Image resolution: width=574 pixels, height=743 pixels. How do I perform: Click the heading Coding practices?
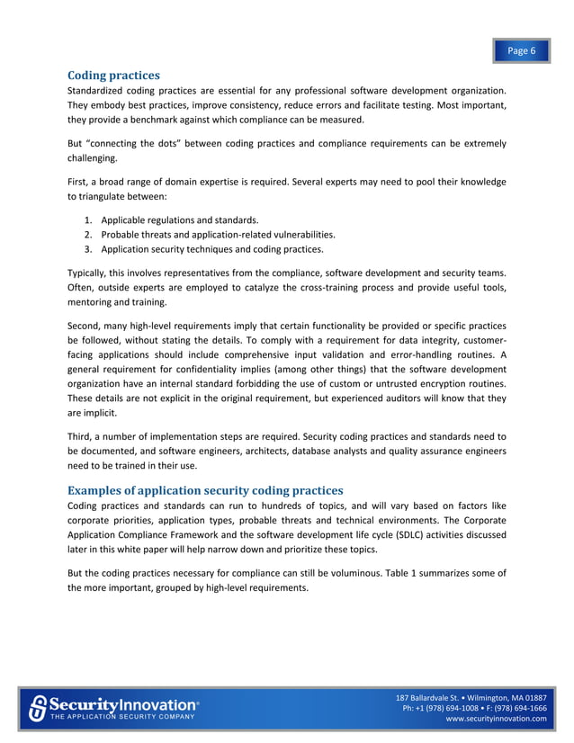(x=114, y=75)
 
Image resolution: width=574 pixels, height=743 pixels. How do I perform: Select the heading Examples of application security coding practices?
(x=205, y=490)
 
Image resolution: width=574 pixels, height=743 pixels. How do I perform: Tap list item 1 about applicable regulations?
(x=180, y=220)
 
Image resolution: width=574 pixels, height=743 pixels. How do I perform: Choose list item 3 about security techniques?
(x=212, y=249)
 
